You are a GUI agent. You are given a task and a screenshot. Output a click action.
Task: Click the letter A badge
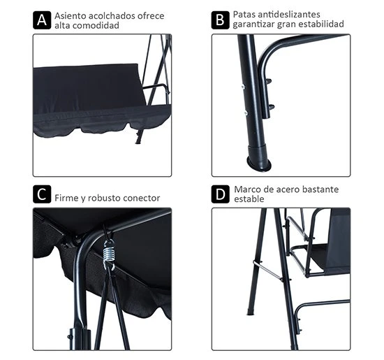(43, 18)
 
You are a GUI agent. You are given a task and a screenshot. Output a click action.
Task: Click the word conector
(141, 198)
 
